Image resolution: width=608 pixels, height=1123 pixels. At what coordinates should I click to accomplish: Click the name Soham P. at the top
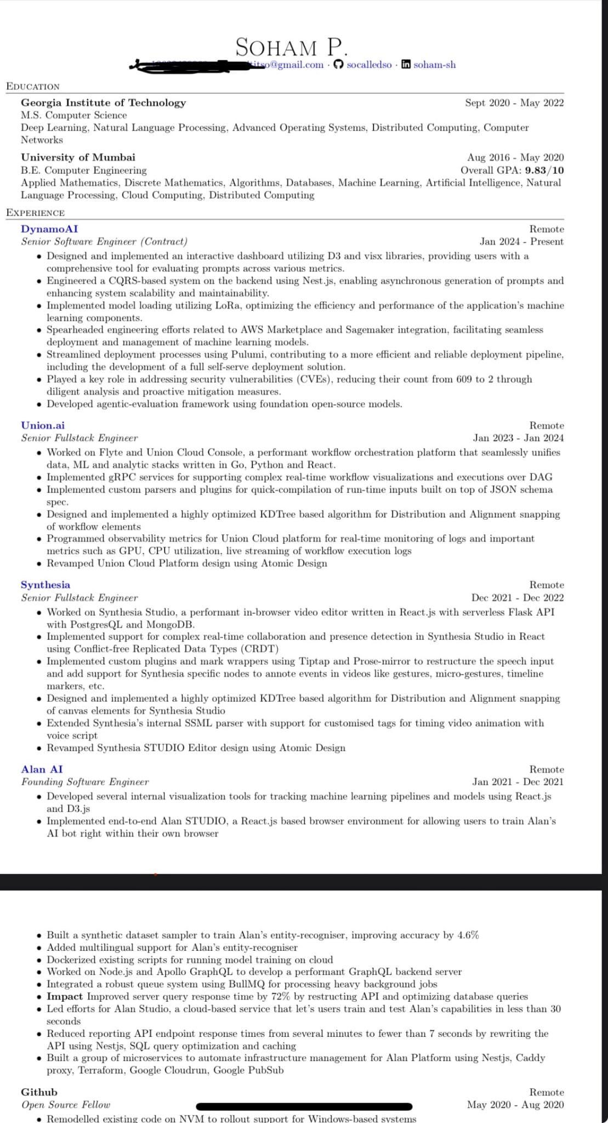click(x=291, y=48)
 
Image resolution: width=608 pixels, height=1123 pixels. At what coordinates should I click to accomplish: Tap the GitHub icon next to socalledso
click(x=338, y=65)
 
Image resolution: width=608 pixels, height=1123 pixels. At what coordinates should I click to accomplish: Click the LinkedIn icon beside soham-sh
click(x=406, y=65)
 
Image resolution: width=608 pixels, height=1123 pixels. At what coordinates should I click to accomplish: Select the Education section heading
click(x=33, y=87)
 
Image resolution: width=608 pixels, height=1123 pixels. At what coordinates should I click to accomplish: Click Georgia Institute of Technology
click(x=103, y=103)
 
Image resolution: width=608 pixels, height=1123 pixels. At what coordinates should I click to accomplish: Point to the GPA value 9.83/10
click(x=544, y=170)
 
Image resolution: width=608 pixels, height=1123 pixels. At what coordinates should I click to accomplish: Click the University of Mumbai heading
click(x=78, y=157)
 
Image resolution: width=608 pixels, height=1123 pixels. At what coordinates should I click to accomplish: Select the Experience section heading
click(x=35, y=213)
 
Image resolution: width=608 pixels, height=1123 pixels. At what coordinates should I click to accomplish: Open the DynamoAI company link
click(x=49, y=229)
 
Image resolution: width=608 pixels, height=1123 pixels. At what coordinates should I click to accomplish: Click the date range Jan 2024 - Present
click(x=521, y=241)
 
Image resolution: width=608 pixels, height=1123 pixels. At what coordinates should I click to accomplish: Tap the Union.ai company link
click(x=43, y=425)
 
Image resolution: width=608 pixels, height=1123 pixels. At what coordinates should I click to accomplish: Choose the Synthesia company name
click(x=46, y=585)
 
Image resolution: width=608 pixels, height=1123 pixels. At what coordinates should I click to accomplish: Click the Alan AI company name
click(x=42, y=769)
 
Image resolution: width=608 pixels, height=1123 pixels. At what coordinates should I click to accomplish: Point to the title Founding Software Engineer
click(x=85, y=782)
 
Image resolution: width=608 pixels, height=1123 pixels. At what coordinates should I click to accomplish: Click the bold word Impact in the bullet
click(x=65, y=996)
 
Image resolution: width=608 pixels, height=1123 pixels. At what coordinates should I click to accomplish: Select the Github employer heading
click(x=39, y=1092)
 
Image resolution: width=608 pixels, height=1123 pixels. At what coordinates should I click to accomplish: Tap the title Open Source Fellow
click(x=66, y=1104)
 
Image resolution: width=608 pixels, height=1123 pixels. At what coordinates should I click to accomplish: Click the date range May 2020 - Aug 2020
click(x=515, y=1104)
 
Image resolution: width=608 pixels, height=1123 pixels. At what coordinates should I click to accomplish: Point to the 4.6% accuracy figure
click(x=468, y=935)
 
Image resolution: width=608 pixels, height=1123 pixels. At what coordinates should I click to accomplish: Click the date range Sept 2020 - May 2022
click(x=514, y=103)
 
